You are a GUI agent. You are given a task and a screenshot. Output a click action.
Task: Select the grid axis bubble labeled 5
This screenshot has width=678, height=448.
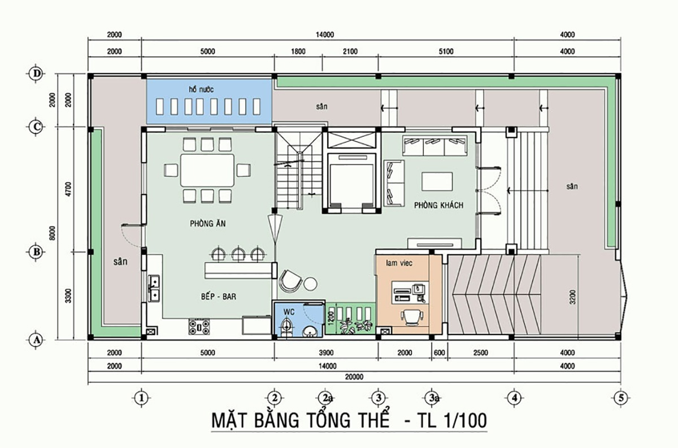tap(621, 397)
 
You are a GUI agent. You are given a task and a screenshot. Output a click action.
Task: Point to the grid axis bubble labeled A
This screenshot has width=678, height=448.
tap(37, 340)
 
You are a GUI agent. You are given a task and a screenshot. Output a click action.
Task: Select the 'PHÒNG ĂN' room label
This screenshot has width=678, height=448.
tap(207, 224)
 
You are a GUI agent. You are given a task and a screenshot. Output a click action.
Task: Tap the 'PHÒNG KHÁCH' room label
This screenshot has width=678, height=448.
tap(438, 205)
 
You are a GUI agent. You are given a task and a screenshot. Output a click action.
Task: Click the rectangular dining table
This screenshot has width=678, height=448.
tap(207, 170)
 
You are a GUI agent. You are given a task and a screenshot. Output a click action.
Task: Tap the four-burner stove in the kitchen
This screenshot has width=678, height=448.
tap(199, 327)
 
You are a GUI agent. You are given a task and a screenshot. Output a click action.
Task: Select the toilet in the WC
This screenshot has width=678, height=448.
tap(286, 327)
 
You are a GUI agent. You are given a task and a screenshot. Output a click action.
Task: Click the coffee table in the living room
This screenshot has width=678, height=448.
tap(436, 182)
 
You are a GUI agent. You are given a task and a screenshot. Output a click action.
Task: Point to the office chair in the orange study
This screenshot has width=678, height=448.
tap(411, 316)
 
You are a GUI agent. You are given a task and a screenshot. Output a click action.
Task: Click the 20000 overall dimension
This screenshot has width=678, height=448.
tap(354, 377)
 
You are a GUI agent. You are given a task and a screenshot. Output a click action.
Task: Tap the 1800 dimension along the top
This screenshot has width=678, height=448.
tap(298, 51)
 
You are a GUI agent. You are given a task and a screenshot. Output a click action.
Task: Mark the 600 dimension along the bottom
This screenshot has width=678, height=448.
tap(439, 354)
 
